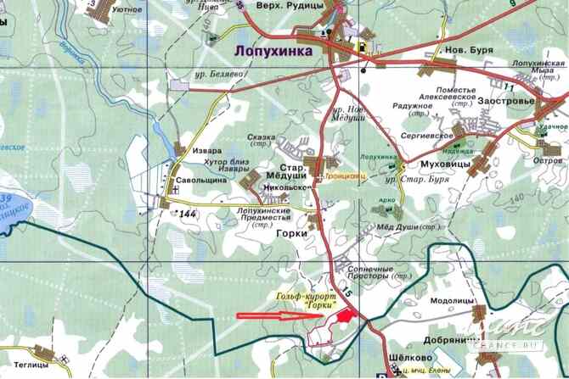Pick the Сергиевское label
tap(423, 135)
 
